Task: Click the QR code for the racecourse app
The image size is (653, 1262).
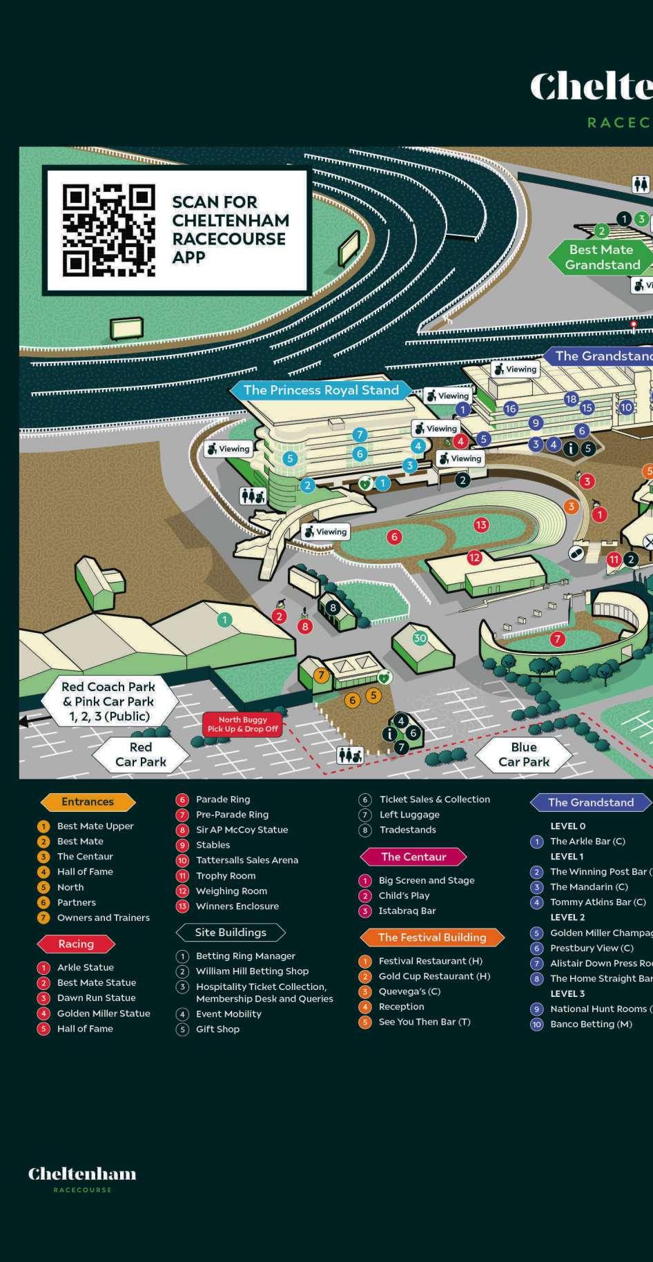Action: [x=108, y=230]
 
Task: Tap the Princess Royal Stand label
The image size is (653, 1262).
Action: [x=321, y=390]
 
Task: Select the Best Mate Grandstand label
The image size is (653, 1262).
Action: [x=602, y=258]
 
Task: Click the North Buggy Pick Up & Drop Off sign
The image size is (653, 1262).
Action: [x=242, y=724]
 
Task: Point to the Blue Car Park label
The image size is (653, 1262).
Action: [x=524, y=755]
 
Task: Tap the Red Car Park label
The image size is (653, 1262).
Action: [x=141, y=755]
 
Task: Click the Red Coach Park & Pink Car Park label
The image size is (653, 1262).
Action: [x=108, y=701]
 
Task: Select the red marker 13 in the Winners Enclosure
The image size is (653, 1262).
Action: [x=481, y=525]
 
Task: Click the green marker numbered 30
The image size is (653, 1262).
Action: [x=420, y=638]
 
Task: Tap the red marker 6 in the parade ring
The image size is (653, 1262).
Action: [x=394, y=536]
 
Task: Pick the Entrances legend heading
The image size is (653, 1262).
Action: [x=88, y=802]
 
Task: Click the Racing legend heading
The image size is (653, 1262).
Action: [x=76, y=944]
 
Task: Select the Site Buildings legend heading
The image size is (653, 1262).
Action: [x=231, y=932]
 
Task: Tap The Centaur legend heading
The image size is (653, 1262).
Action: [x=413, y=857]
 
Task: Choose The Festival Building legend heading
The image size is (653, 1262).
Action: [x=432, y=937]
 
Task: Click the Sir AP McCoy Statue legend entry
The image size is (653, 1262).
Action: [x=242, y=830]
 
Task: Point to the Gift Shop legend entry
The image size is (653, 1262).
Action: [x=217, y=1029]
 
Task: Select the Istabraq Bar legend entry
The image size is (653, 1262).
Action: [x=407, y=911]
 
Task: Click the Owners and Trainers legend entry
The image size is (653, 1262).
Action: [x=103, y=918]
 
